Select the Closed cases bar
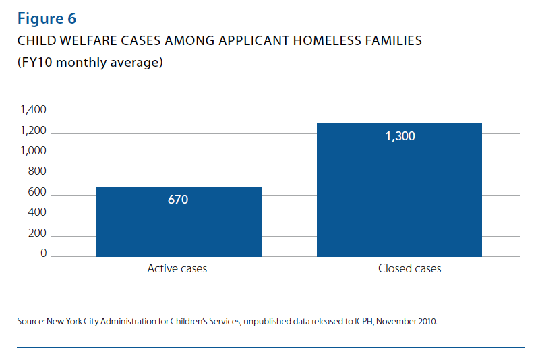[x=399, y=196]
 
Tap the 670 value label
[x=178, y=200]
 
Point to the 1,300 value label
[x=400, y=136]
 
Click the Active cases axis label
[x=177, y=268]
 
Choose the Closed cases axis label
[x=410, y=268]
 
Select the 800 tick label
[x=37, y=171]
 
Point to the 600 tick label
[x=37, y=192]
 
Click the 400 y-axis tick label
[x=37, y=212]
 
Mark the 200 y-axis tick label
[x=37, y=233]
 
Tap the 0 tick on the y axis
[x=44, y=253]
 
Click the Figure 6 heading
[x=47, y=18]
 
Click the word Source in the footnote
[x=30, y=322]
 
